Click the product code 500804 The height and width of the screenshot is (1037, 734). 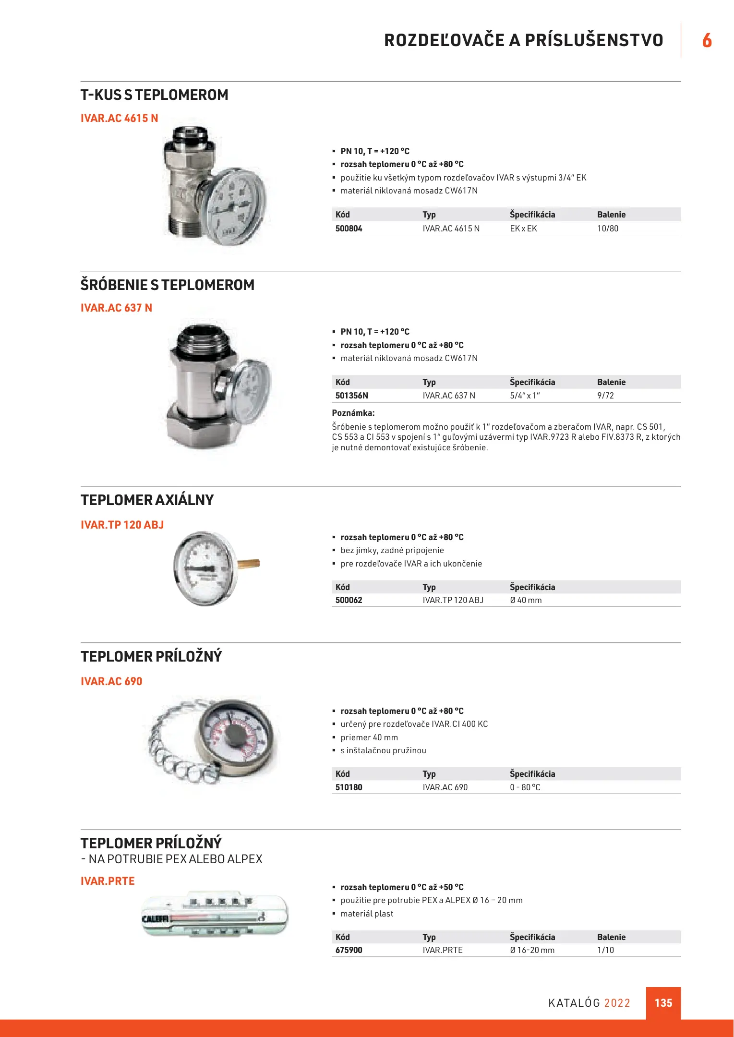349,229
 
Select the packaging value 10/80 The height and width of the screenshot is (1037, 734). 607,229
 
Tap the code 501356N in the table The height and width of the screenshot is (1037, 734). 351,396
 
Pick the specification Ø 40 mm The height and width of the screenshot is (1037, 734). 526,600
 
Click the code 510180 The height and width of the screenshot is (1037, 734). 349,787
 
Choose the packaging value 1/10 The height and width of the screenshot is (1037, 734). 605,950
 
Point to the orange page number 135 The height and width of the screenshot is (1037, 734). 663,1003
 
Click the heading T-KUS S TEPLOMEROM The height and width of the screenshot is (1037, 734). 154,95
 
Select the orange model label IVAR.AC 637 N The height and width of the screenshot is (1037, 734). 116,308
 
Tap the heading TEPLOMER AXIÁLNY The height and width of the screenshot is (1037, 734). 147,500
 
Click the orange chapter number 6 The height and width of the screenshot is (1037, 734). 707,40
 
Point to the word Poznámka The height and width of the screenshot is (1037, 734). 353,413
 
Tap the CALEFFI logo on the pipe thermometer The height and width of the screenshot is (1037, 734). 155,919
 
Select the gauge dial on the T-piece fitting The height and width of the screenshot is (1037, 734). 233,206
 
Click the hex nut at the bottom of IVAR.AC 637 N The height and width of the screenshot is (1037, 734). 202,428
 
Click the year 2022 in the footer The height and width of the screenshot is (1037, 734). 617,1003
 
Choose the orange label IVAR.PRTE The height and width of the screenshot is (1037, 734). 108,881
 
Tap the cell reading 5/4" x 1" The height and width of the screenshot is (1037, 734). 525,396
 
